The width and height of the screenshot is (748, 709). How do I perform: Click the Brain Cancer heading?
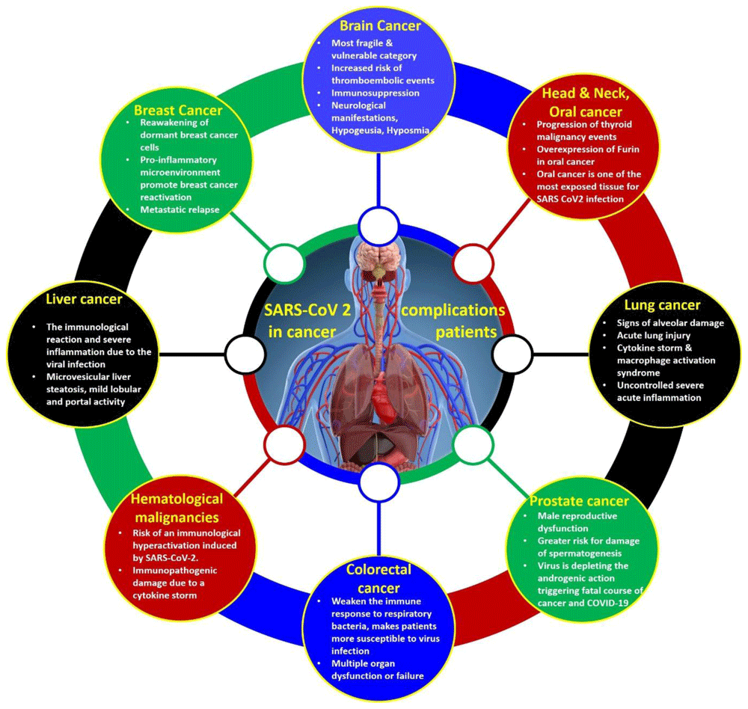pyautogui.click(x=380, y=25)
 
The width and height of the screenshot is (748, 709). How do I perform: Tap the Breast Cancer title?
pyautogui.click(x=178, y=110)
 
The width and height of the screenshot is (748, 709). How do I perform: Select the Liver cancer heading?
pyautogui.click(x=84, y=299)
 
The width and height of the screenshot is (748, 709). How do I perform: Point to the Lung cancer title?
pyautogui.click(x=662, y=305)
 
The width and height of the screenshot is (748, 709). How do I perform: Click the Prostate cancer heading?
pyautogui.click(x=579, y=501)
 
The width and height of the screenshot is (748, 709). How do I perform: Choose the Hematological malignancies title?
pyautogui.click(x=177, y=508)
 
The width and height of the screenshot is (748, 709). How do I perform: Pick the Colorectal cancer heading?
pyautogui.click(x=378, y=579)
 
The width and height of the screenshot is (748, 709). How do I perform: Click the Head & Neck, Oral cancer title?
pyautogui.click(x=586, y=102)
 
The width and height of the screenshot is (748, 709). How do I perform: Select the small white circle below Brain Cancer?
pyautogui.click(x=378, y=226)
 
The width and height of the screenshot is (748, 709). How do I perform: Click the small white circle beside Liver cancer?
pyautogui.click(x=245, y=354)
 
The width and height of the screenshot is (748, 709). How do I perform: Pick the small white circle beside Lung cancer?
pyautogui.click(x=512, y=354)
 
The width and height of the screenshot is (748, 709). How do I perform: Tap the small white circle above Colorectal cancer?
pyautogui.click(x=378, y=482)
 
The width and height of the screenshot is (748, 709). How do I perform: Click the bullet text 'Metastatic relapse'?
pyautogui.click(x=180, y=209)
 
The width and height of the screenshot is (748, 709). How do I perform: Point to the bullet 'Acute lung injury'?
pyautogui.click(x=654, y=335)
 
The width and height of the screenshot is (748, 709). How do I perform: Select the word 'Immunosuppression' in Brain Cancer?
pyautogui.click(x=375, y=93)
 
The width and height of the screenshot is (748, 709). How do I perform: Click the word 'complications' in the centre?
pyautogui.click(x=453, y=310)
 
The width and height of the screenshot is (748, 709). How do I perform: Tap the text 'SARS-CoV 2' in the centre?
pyautogui.click(x=307, y=310)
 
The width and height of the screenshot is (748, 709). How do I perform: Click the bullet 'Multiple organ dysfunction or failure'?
pyautogui.click(x=377, y=669)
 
